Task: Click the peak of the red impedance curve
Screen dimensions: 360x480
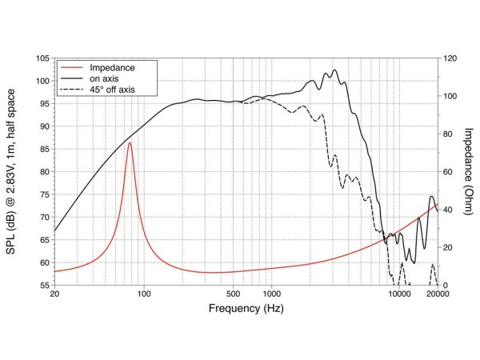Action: point(130,142)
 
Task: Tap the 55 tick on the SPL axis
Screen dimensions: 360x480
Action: point(42,286)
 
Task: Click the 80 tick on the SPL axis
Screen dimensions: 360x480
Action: point(42,172)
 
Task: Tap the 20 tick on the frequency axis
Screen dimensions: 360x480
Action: point(54,294)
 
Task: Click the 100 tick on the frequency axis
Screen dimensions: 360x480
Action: point(144,294)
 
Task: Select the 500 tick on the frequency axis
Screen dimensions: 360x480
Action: point(234,294)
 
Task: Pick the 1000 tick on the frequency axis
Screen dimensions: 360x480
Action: point(272,294)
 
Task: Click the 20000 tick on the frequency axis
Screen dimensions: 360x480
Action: point(437,294)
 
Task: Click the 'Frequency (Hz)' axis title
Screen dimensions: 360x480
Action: point(246,308)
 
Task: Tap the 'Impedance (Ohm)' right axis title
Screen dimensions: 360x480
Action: point(466,172)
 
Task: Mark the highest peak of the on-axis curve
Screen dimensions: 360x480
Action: point(334,70)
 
